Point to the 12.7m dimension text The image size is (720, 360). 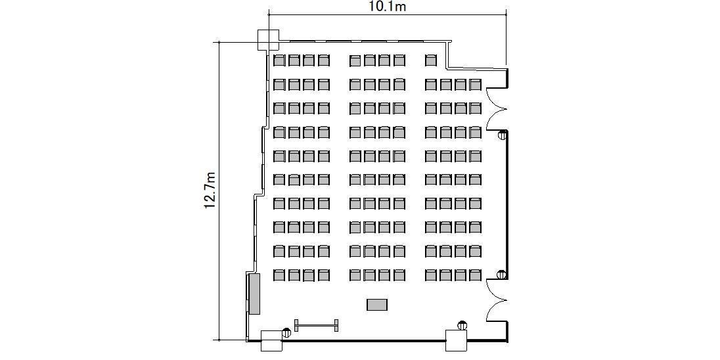pyautogui.click(x=210, y=191)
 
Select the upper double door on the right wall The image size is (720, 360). pyautogui.click(x=497, y=108)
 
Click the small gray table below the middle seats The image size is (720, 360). pyautogui.click(x=377, y=304)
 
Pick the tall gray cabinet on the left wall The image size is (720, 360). pyautogui.click(x=254, y=294)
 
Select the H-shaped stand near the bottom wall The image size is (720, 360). pyautogui.click(x=317, y=326)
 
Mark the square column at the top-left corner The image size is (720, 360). pyautogui.click(x=268, y=40)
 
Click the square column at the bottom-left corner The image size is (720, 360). pyautogui.click(x=271, y=341)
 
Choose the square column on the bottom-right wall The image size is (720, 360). pyautogui.click(x=457, y=341)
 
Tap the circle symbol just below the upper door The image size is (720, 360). pyautogui.click(x=503, y=135)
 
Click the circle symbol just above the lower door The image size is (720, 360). pyautogui.click(x=503, y=275)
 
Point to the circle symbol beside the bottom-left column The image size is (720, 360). pyautogui.click(x=286, y=332)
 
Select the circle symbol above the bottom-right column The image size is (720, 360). pyautogui.click(x=461, y=326)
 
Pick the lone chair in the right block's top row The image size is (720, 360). pyautogui.click(x=431, y=60)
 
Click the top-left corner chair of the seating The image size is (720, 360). pyautogui.click(x=279, y=60)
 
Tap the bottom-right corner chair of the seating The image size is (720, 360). pyautogui.click(x=475, y=275)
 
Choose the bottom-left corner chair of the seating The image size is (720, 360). pyautogui.click(x=279, y=275)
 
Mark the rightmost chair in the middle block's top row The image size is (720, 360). pyautogui.click(x=399, y=60)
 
